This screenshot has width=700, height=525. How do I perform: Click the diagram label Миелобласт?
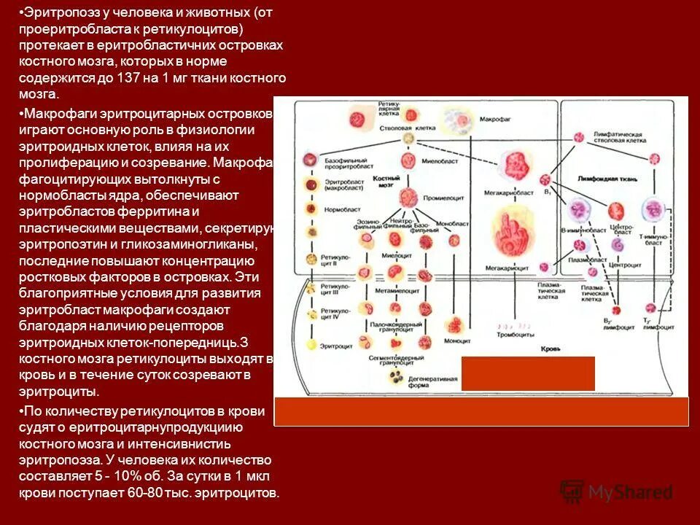click(438, 162)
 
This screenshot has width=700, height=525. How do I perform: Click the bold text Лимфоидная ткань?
click(607, 178)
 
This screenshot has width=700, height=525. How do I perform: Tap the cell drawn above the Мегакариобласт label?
click(515, 166)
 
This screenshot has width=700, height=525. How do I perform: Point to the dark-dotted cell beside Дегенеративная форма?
click(397, 378)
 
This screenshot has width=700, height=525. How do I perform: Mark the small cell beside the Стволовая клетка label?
click(410, 138)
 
